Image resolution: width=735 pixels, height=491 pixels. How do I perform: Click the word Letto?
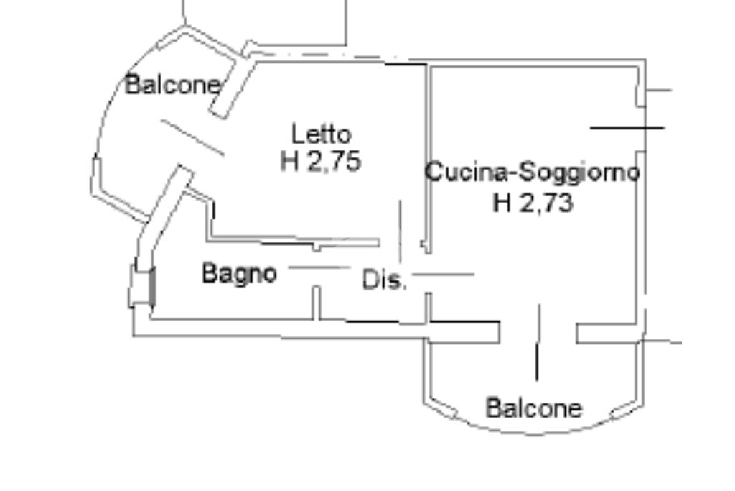pyautogui.click(x=321, y=134)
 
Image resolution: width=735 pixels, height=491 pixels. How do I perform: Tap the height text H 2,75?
pyautogui.click(x=320, y=161)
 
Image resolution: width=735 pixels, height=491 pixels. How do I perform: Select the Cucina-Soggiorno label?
pyautogui.click(x=532, y=173)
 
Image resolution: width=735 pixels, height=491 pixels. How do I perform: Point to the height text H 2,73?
pyautogui.click(x=533, y=203)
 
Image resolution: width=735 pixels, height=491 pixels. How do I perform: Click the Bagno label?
pyautogui.click(x=239, y=273)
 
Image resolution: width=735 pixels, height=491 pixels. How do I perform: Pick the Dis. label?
pyautogui.click(x=385, y=280)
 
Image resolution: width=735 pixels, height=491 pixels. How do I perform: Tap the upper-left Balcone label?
pyautogui.click(x=173, y=85)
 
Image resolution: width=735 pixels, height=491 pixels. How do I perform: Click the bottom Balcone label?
pyautogui.click(x=534, y=408)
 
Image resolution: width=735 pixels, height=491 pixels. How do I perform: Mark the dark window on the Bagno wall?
pyautogui.click(x=151, y=287)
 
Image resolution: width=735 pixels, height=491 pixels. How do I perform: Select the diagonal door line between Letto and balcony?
pyautogui.click(x=192, y=137)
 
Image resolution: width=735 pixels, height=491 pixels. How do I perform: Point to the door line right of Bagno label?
pyautogui.click(x=319, y=267)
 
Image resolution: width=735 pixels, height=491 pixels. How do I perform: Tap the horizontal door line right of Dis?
pyautogui.click(x=444, y=274)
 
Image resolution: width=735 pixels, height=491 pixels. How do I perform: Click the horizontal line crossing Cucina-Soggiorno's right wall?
pyautogui.click(x=627, y=128)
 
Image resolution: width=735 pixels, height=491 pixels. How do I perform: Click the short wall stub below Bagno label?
pyautogui.click(x=316, y=303)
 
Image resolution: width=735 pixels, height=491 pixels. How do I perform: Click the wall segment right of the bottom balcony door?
pyautogui.click(x=607, y=334)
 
